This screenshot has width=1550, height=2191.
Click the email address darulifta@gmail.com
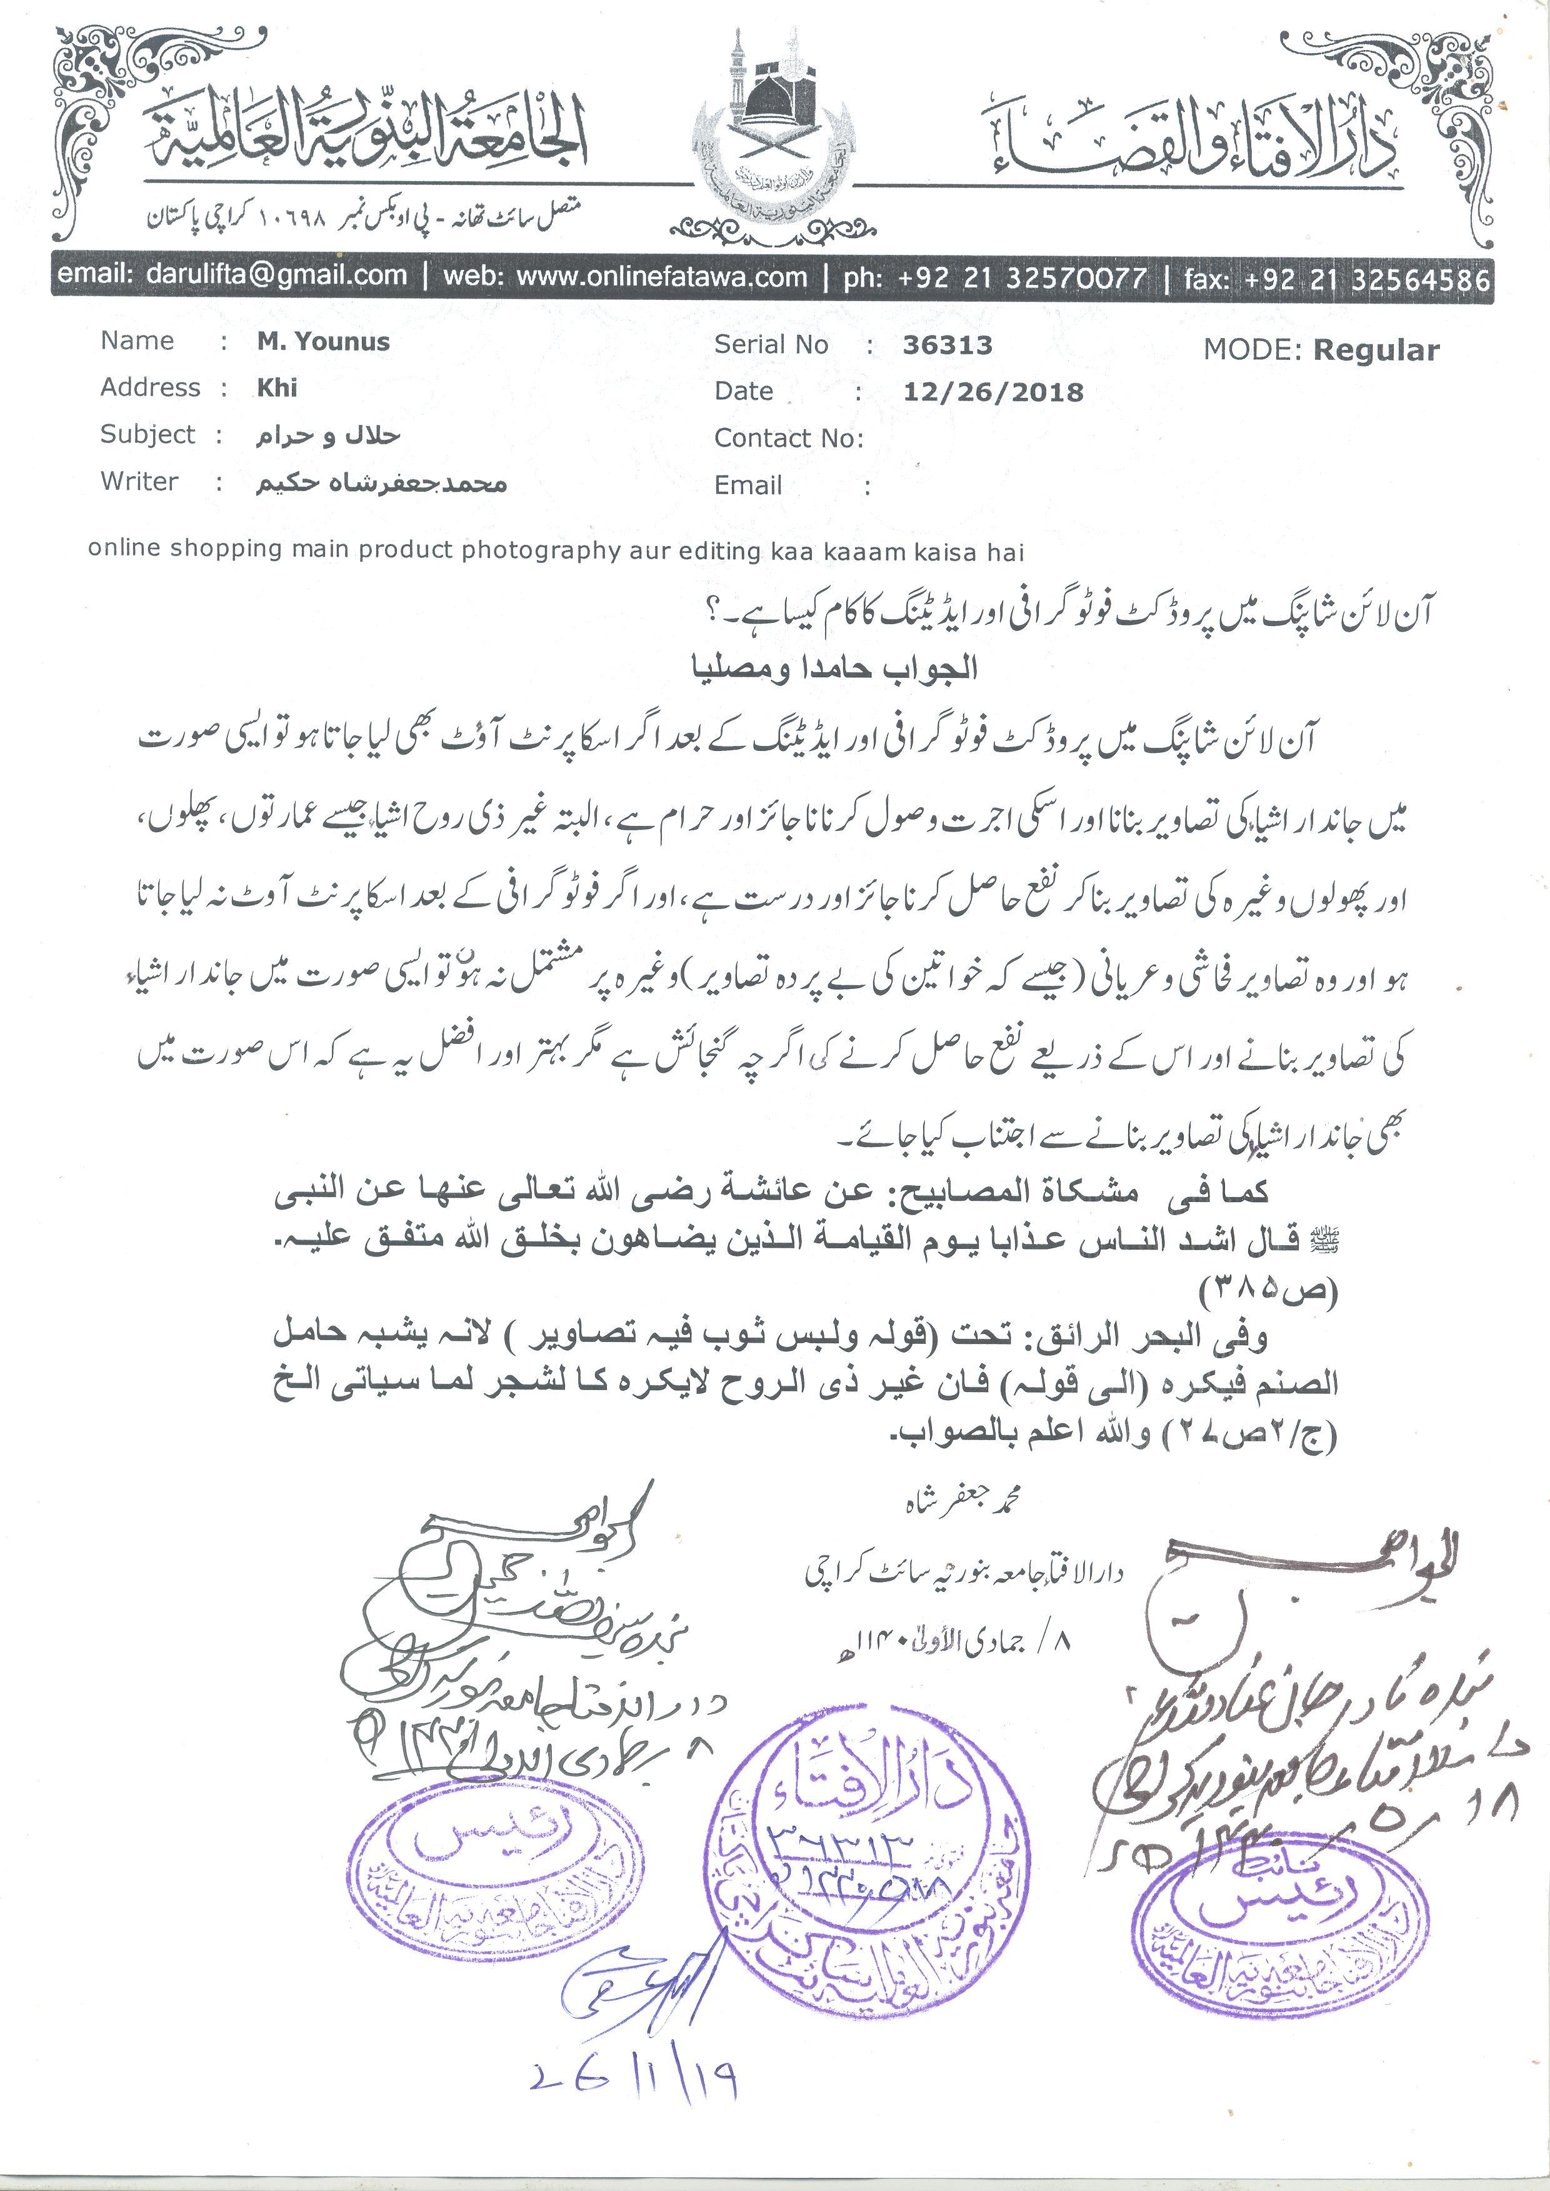(277, 276)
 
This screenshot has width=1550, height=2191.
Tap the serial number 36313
(947, 345)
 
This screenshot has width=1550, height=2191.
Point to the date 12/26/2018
(992, 392)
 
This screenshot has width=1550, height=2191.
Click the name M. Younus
(322, 342)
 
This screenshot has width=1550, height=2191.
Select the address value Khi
(277, 387)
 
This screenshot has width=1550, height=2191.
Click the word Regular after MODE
(1376, 350)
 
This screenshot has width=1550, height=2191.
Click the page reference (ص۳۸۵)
(1269, 1292)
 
